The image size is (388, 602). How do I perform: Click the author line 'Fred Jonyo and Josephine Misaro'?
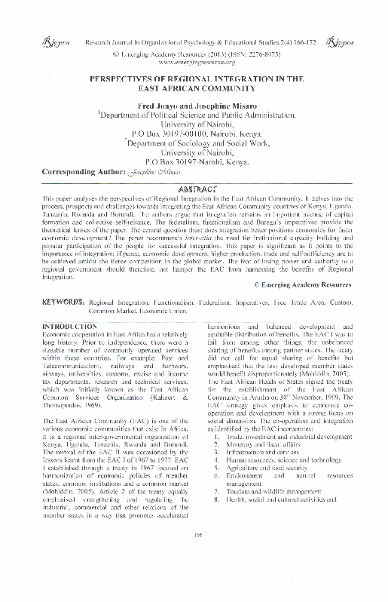pos(195,106)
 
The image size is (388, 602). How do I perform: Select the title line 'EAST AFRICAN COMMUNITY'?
pos(194,87)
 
